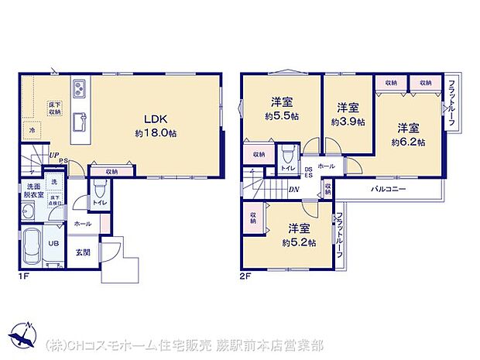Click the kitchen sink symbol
pyautogui.click(x=79, y=122)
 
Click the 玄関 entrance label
pyautogui.click(x=82, y=252)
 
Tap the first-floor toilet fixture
pyautogui.click(x=98, y=190)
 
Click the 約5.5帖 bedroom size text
pyautogui.click(x=279, y=115)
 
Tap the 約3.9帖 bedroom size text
pyautogui.click(x=347, y=122)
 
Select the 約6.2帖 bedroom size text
pyautogui.click(x=407, y=141)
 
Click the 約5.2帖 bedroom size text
pyautogui.click(x=301, y=242)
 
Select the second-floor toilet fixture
pyautogui.click(x=287, y=151)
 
